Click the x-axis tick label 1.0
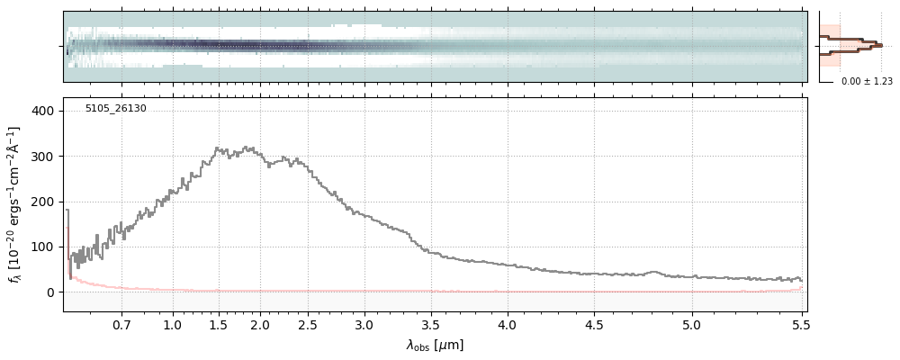pyautogui.click(x=173, y=324)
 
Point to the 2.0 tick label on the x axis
pyautogui.click(x=261, y=324)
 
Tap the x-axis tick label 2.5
pyautogui.click(x=306, y=324)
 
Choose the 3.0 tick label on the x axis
pyautogui.click(x=363, y=324)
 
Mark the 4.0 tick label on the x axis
pyautogui.click(x=508, y=324)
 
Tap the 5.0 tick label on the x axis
pyautogui.click(x=691, y=324)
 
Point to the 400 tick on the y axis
pyautogui.click(x=45, y=111)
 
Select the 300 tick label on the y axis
pyautogui.click(x=45, y=157)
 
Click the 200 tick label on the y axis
pyautogui.click(x=45, y=202)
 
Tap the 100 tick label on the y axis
pyautogui.click(x=45, y=247)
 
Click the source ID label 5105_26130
pyautogui.click(x=115, y=109)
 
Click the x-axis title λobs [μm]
pyautogui.click(x=435, y=345)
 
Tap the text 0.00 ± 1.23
pyautogui.click(x=867, y=82)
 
